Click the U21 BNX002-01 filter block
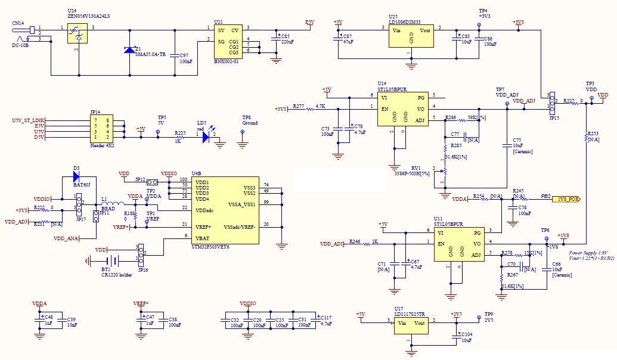coord(228,40)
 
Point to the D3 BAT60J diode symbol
coord(76,176)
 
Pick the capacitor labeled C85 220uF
coord(276,38)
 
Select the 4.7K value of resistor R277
coord(320,105)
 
